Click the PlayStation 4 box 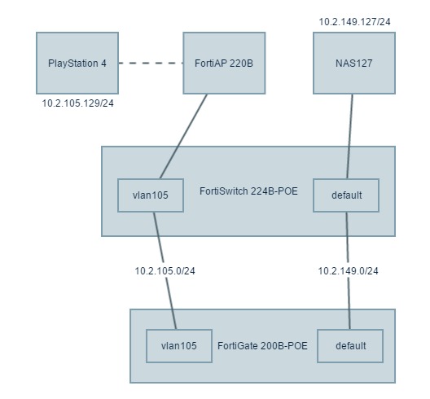pos(77,63)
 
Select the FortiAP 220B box pos(224,63)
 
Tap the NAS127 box pos(354,63)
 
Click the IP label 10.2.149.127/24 pos(354,22)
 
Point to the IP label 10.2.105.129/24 pos(77,103)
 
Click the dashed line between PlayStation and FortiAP pos(151,63)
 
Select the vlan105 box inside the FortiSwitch pos(151,195)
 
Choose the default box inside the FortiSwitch pos(346,195)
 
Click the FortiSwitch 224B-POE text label pos(248,191)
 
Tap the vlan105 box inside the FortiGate pos(179,346)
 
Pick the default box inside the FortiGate pos(350,346)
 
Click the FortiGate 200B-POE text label pos(262,346)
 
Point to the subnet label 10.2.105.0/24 pos(165,271)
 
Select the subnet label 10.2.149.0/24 pos(348,271)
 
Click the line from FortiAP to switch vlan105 pos(183,137)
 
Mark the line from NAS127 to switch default pos(349,137)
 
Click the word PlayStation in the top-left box pos(73,64)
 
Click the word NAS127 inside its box pos(354,64)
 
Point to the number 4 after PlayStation pos(103,64)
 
